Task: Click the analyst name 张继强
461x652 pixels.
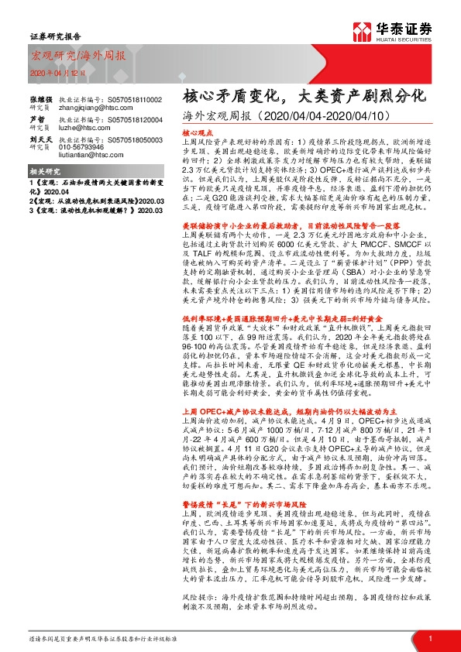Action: pos(40,101)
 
